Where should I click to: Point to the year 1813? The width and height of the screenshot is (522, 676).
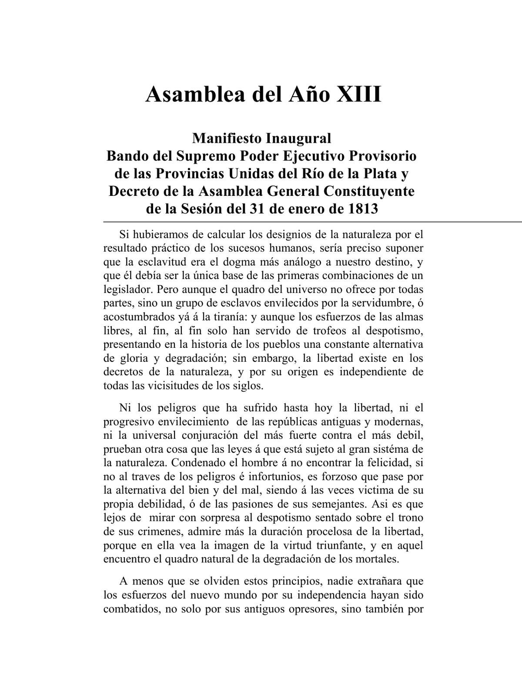click(363, 209)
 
